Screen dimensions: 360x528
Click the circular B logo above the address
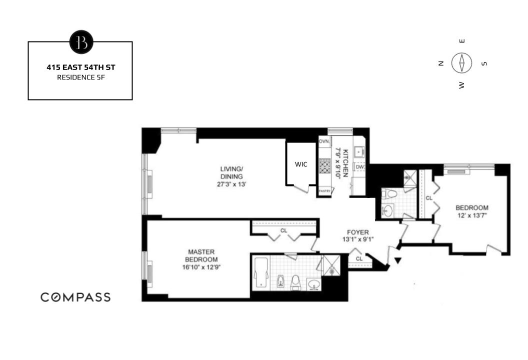(x=81, y=42)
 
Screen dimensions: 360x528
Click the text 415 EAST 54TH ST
(x=80, y=66)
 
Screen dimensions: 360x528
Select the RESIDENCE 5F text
(x=80, y=77)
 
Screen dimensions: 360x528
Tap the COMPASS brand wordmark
(x=75, y=297)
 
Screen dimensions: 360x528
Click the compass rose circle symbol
(x=462, y=63)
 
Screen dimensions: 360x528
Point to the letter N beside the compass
(x=440, y=63)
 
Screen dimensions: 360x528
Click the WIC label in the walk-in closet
(x=300, y=164)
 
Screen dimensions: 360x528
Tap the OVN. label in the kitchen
(x=324, y=142)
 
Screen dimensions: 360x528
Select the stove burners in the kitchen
(x=325, y=165)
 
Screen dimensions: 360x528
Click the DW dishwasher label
(x=359, y=167)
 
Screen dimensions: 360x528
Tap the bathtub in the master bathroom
(x=261, y=273)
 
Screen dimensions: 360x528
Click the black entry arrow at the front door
(x=398, y=260)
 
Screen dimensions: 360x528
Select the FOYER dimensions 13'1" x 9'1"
(x=357, y=239)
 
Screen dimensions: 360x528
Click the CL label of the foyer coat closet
(x=359, y=258)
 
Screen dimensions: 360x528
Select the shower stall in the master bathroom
(x=331, y=264)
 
